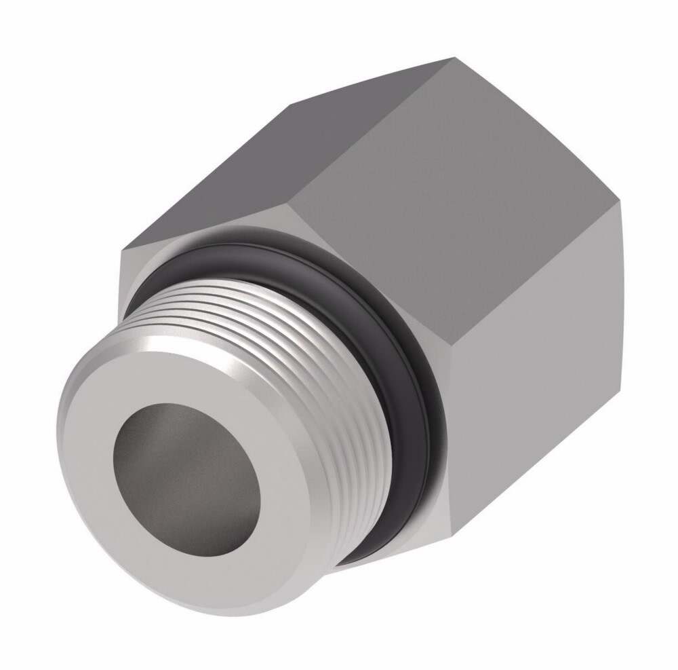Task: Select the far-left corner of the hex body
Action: [x=120, y=253]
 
